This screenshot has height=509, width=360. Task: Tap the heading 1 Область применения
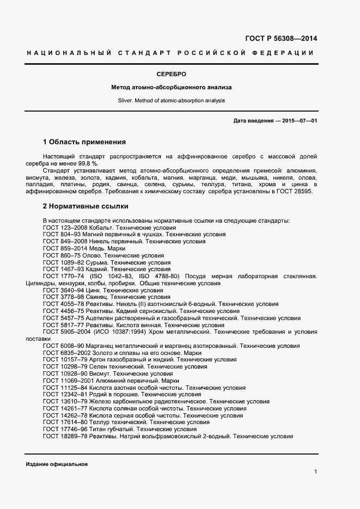tap(84, 142)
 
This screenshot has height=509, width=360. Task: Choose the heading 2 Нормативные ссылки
tap(86, 206)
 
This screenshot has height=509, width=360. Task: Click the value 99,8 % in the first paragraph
tap(87, 163)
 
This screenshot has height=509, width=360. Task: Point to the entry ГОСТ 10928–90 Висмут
tap(108, 374)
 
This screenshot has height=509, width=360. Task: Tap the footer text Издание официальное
tap(57, 464)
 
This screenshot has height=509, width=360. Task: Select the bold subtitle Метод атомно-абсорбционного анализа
tap(172, 87)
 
